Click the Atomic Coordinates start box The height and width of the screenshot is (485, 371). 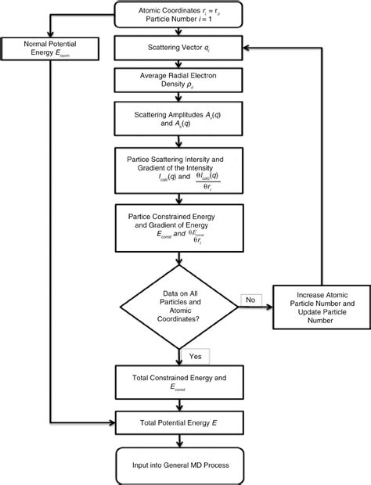181,13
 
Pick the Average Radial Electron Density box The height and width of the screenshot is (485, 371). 181,80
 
